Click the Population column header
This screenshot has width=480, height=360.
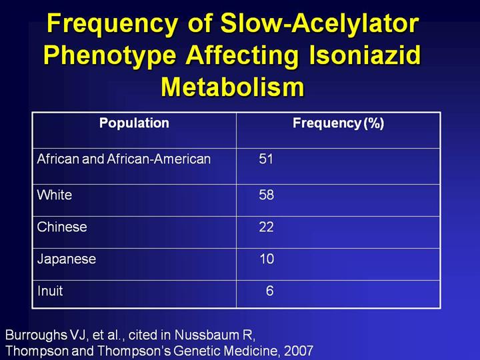tap(134, 123)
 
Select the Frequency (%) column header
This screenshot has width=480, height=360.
tap(338, 123)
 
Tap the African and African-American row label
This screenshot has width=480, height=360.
tap(124, 159)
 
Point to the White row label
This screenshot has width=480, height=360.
tap(55, 195)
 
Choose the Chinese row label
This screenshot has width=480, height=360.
tap(62, 227)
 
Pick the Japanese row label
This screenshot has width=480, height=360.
tap(67, 259)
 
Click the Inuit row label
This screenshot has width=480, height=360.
tap(50, 291)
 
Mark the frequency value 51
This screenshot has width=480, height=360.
tap(267, 159)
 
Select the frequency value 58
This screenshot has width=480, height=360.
tap(267, 195)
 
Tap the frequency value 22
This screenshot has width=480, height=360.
tap(267, 227)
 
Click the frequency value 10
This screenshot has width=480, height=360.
tap(267, 259)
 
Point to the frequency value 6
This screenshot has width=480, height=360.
tap(269, 291)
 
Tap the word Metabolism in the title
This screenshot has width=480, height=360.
tap(233, 87)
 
